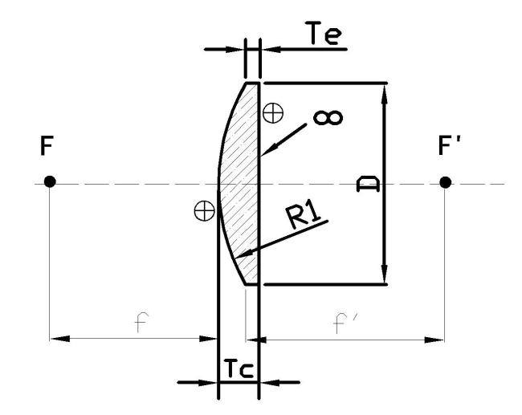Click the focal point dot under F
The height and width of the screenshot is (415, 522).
point(50,181)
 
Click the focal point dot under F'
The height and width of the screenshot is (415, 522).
point(446,182)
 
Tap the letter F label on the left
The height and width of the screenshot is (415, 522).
point(47,146)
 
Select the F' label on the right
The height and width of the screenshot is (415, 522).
point(449,145)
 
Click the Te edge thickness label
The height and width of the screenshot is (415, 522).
point(324,33)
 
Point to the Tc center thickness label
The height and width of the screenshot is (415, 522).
point(239,368)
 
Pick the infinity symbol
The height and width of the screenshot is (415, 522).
point(328,118)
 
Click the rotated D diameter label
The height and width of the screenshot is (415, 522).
point(368,185)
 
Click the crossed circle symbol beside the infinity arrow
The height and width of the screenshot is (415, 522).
point(273,113)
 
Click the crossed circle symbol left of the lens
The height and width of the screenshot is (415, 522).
point(205,211)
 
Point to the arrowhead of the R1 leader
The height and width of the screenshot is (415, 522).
point(243,254)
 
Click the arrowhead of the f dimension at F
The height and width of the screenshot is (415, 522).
point(60,339)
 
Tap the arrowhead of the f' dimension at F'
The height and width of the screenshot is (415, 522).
point(434,340)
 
